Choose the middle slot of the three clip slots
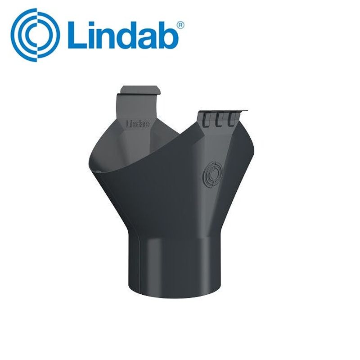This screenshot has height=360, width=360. pyautogui.click(x=220, y=118)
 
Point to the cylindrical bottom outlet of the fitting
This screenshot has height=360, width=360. pyautogui.click(x=180, y=270)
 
